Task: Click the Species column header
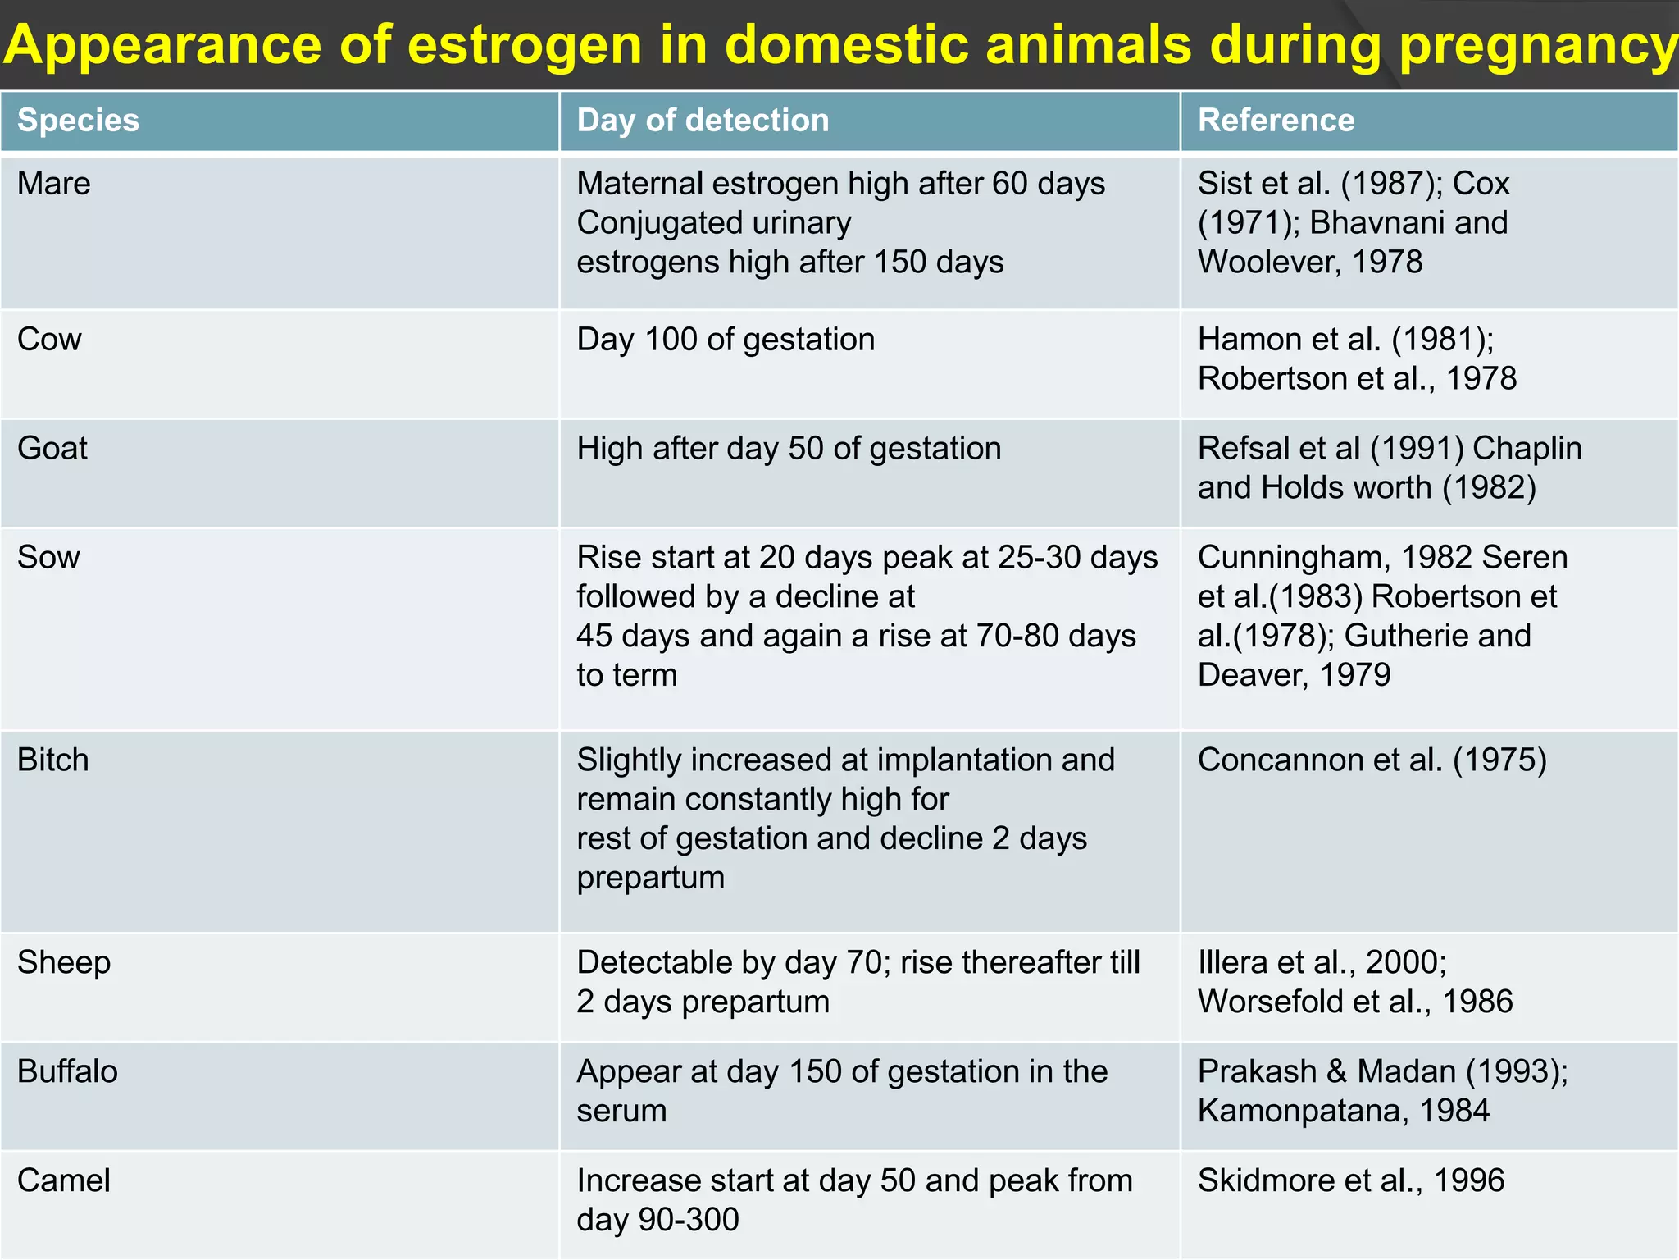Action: click(78, 121)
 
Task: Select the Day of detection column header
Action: click(703, 121)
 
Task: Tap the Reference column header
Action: click(1276, 121)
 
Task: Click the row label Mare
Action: click(53, 184)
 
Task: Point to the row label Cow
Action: click(49, 340)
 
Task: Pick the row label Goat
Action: click(52, 449)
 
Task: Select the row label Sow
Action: click(48, 558)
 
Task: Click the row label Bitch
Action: click(52, 760)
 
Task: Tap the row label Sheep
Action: click(63, 963)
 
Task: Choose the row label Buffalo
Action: click(67, 1072)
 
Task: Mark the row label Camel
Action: click(63, 1181)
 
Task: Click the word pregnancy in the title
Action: click(1538, 46)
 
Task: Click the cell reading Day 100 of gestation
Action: click(726, 340)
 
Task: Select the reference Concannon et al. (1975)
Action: click(1372, 760)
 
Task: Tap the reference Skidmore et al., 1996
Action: click(1350, 1181)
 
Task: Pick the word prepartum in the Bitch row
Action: click(650, 879)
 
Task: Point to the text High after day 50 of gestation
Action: click(789, 449)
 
